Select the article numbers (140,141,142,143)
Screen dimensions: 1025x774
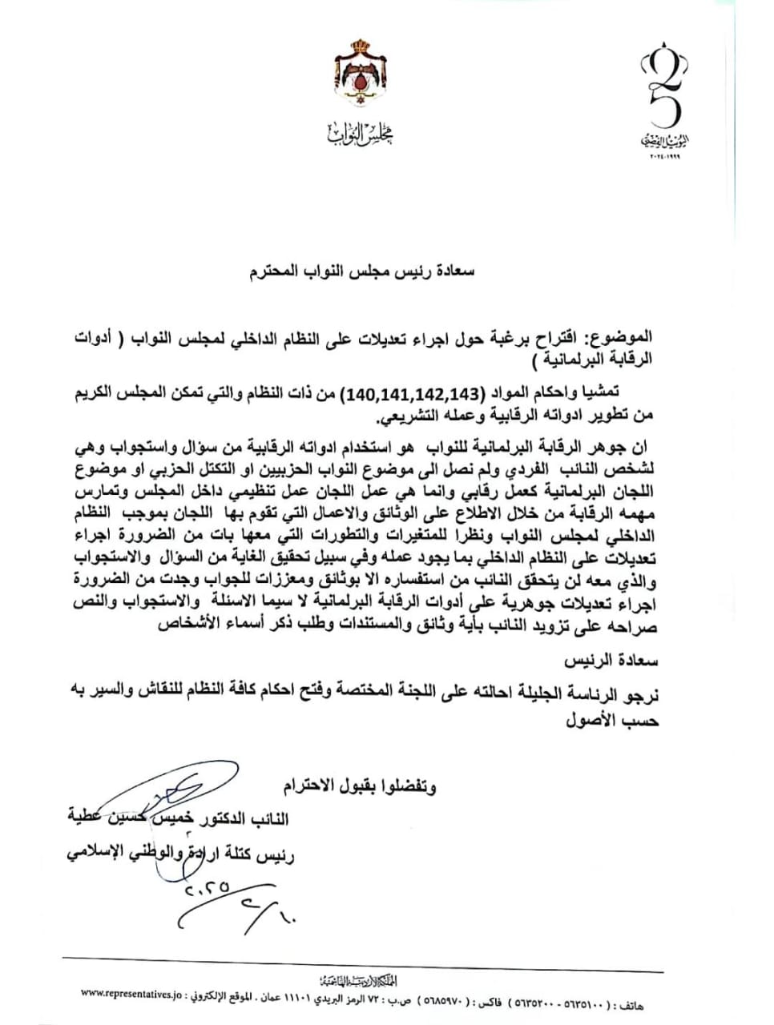[x=411, y=392]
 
